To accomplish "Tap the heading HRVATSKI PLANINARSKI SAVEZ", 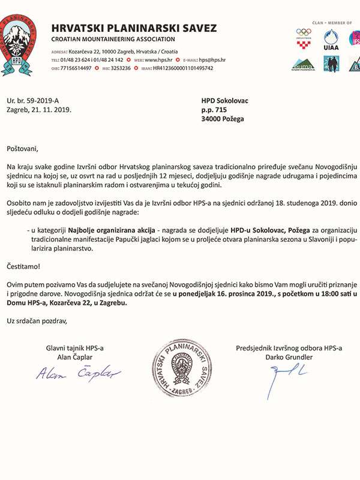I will coord(134,28).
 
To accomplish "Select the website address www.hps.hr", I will coord(160,60).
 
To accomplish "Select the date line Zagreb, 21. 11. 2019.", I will coord(39,110).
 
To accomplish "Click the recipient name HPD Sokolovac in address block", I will coord(224,101).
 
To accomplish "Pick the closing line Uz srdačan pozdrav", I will coord(37,320).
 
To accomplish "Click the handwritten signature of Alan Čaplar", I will coord(78,375).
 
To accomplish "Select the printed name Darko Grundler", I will coord(290,357).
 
